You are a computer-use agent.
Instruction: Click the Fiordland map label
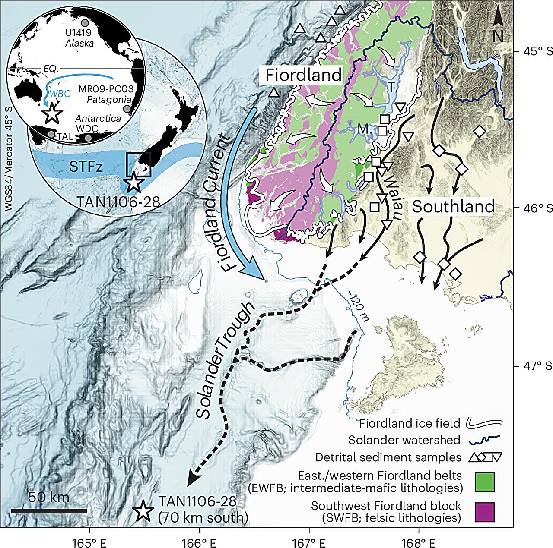[303, 75]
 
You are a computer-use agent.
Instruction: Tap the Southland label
[453, 207]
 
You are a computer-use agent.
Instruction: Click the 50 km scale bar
[49, 511]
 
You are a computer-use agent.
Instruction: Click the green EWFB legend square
[484, 482]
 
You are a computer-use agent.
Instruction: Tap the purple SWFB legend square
[484, 512]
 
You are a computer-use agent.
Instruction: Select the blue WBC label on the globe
[60, 94]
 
